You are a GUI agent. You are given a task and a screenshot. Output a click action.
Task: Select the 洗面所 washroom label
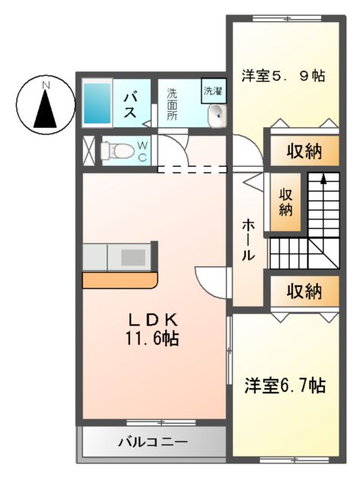point(172,105)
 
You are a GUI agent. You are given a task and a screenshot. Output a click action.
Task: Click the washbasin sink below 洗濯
point(215,116)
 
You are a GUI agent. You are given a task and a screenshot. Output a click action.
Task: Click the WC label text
point(142,151)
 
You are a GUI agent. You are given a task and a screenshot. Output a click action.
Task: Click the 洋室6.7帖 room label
point(285,386)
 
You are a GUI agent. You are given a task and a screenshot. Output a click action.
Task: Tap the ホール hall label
point(248,240)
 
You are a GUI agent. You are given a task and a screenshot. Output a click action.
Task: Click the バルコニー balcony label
point(152,441)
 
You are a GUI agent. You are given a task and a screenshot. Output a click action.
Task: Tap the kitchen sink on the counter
point(132,256)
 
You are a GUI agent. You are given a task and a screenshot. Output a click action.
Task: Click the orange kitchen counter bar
point(120,280)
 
